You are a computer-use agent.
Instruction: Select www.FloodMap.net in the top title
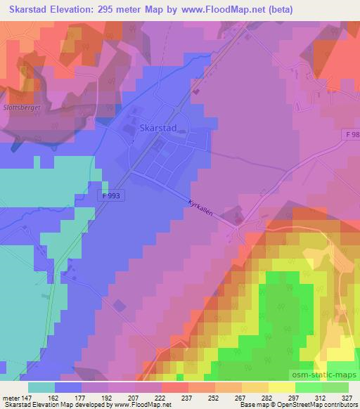coord(219,10)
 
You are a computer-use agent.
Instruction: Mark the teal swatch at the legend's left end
coord(41,387)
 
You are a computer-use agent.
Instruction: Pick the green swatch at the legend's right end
coord(335,387)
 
